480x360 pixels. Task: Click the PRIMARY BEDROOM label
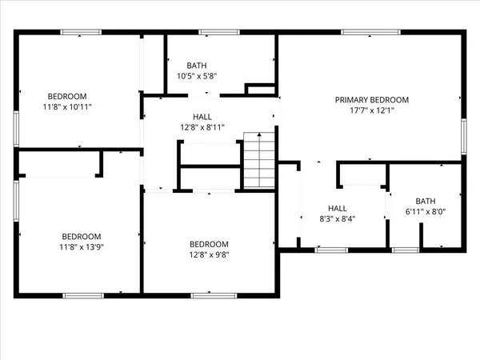371,100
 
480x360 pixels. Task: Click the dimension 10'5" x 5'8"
197,77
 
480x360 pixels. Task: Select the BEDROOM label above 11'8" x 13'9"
82,236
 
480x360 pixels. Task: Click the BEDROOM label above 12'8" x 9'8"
209,244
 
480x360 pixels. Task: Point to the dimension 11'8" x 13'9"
82,247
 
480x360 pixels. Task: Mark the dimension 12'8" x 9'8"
209,255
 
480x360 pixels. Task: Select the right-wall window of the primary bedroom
464,136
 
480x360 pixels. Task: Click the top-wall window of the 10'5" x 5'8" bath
214,32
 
